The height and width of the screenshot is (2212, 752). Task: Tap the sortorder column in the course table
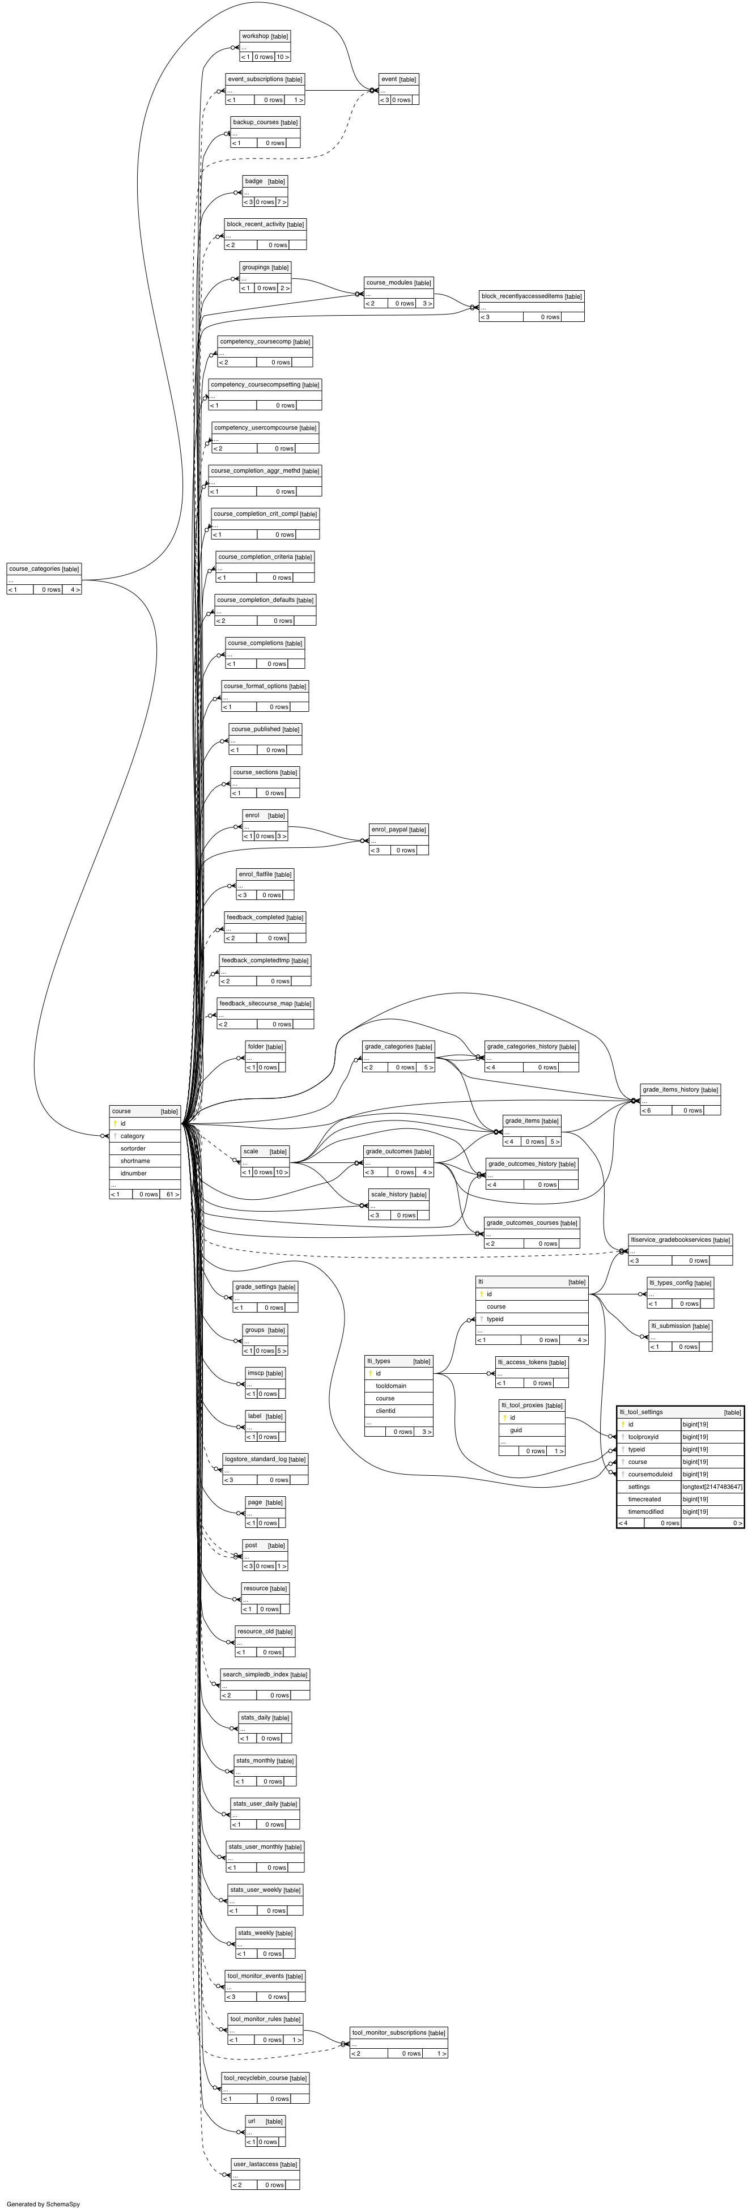point(133,1148)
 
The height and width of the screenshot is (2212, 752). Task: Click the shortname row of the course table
point(135,1161)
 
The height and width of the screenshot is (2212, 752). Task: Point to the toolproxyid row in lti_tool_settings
point(643,1437)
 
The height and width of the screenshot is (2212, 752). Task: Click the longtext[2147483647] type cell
point(712,1487)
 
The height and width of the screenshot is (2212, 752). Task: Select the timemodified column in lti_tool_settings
point(645,1512)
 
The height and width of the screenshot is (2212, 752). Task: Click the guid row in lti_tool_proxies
point(516,1430)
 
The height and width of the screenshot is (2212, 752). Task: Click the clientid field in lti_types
point(385,1411)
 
